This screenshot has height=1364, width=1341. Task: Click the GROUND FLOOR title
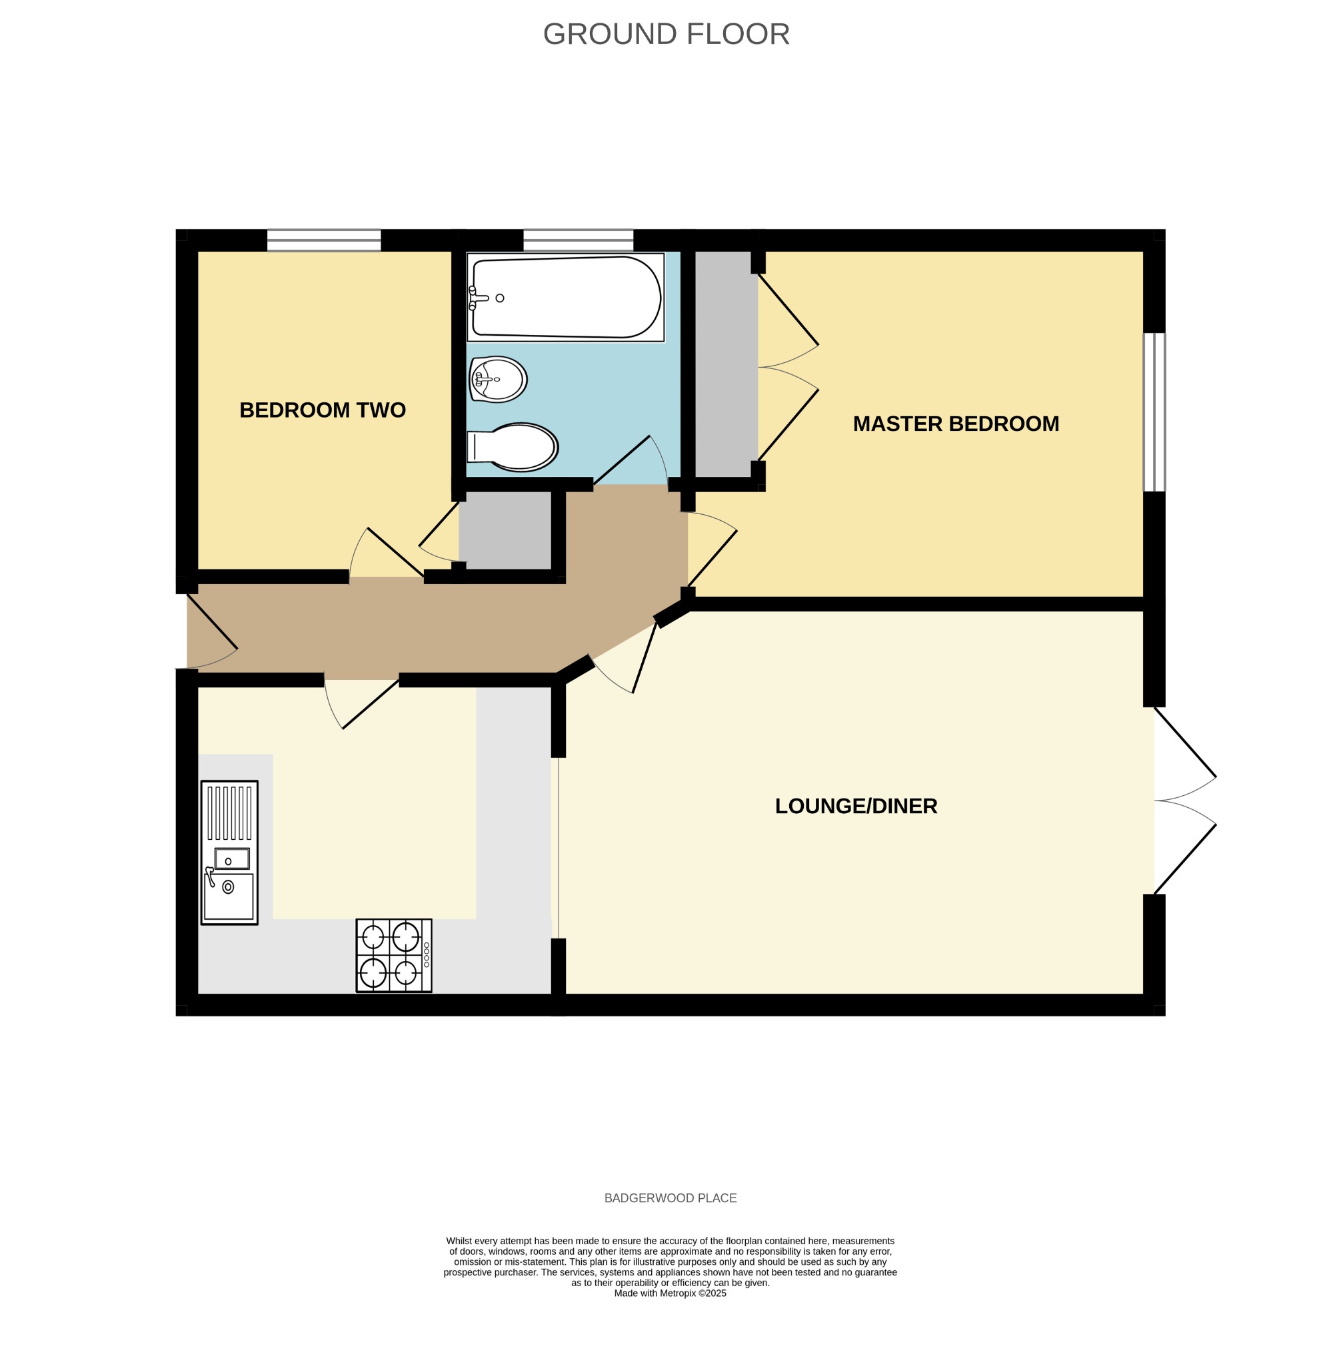[666, 35]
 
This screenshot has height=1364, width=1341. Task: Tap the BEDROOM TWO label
[323, 410]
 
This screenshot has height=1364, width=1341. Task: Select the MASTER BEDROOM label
[956, 424]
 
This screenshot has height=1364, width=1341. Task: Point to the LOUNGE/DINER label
[856, 806]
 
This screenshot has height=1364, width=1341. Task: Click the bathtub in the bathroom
[566, 297]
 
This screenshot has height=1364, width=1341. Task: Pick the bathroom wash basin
[498, 380]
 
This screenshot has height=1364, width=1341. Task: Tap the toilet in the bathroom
[513, 447]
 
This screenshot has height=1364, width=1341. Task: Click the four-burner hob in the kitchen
[394, 955]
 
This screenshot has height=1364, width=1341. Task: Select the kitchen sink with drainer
[229, 852]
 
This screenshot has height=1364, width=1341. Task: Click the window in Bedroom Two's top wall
[324, 240]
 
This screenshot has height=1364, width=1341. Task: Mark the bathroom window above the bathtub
[579, 240]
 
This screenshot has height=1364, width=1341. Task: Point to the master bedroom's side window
[1154, 412]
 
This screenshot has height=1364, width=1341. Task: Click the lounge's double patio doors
[1184, 801]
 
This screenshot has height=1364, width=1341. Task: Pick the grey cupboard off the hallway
[505, 530]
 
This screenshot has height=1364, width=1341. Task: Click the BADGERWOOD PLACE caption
[670, 1198]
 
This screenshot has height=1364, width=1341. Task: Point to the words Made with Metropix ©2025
[670, 1293]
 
